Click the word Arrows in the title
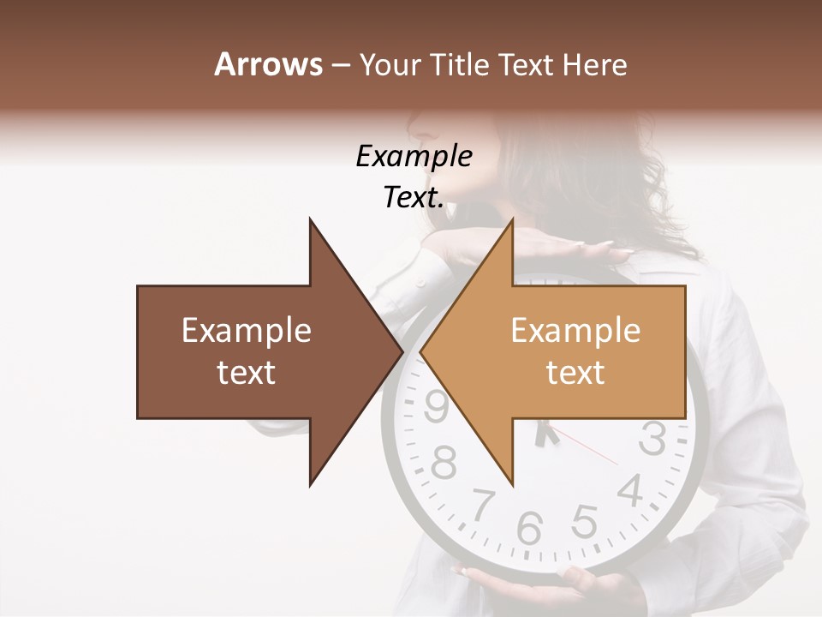268,64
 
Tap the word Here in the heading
594,65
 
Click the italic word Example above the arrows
414,156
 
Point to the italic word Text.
414,198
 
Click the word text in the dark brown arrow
247,373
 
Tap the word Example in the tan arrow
575,331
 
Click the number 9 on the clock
437,406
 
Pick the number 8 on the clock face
444,462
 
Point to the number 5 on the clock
584,519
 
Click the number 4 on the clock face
631,491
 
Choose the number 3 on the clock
652,439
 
